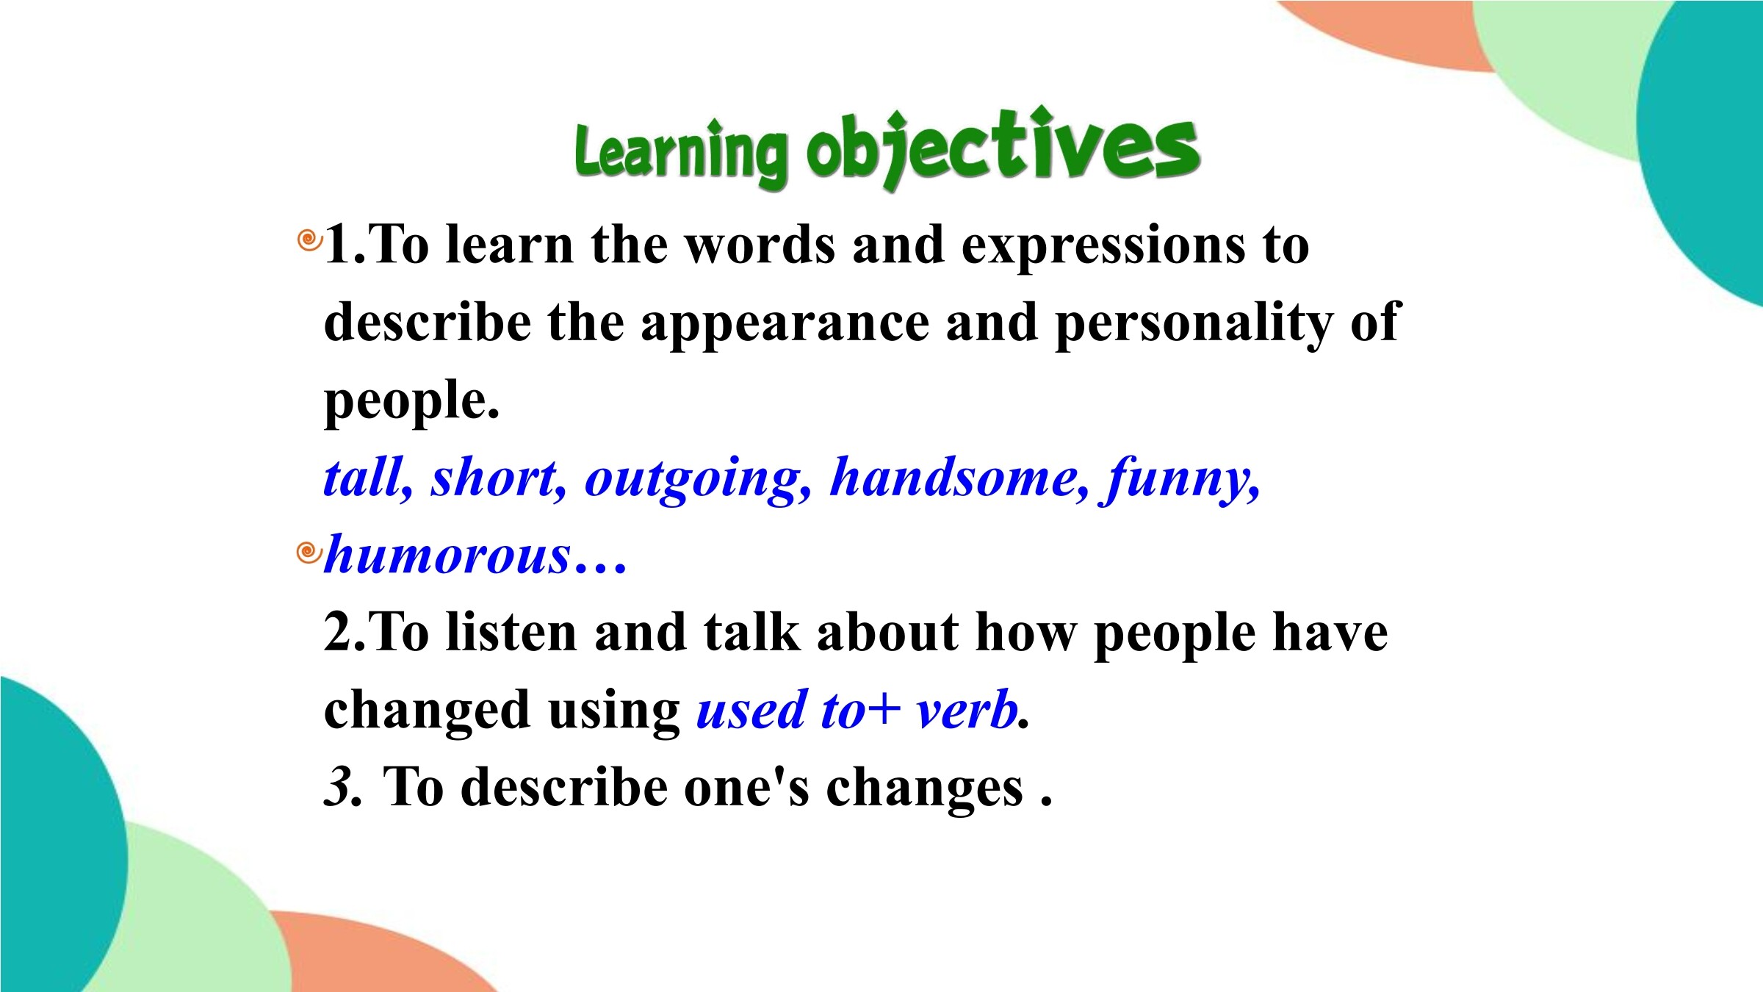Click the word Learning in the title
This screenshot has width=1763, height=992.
(x=681, y=153)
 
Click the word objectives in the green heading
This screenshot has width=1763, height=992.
(x=1003, y=147)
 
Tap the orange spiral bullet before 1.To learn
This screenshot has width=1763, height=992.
(x=309, y=240)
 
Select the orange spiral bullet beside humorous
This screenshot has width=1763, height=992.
(x=309, y=552)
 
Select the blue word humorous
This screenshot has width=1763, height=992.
(x=447, y=556)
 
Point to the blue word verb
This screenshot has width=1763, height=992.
(x=967, y=711)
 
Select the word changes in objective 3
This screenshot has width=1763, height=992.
(x=925, y=790)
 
